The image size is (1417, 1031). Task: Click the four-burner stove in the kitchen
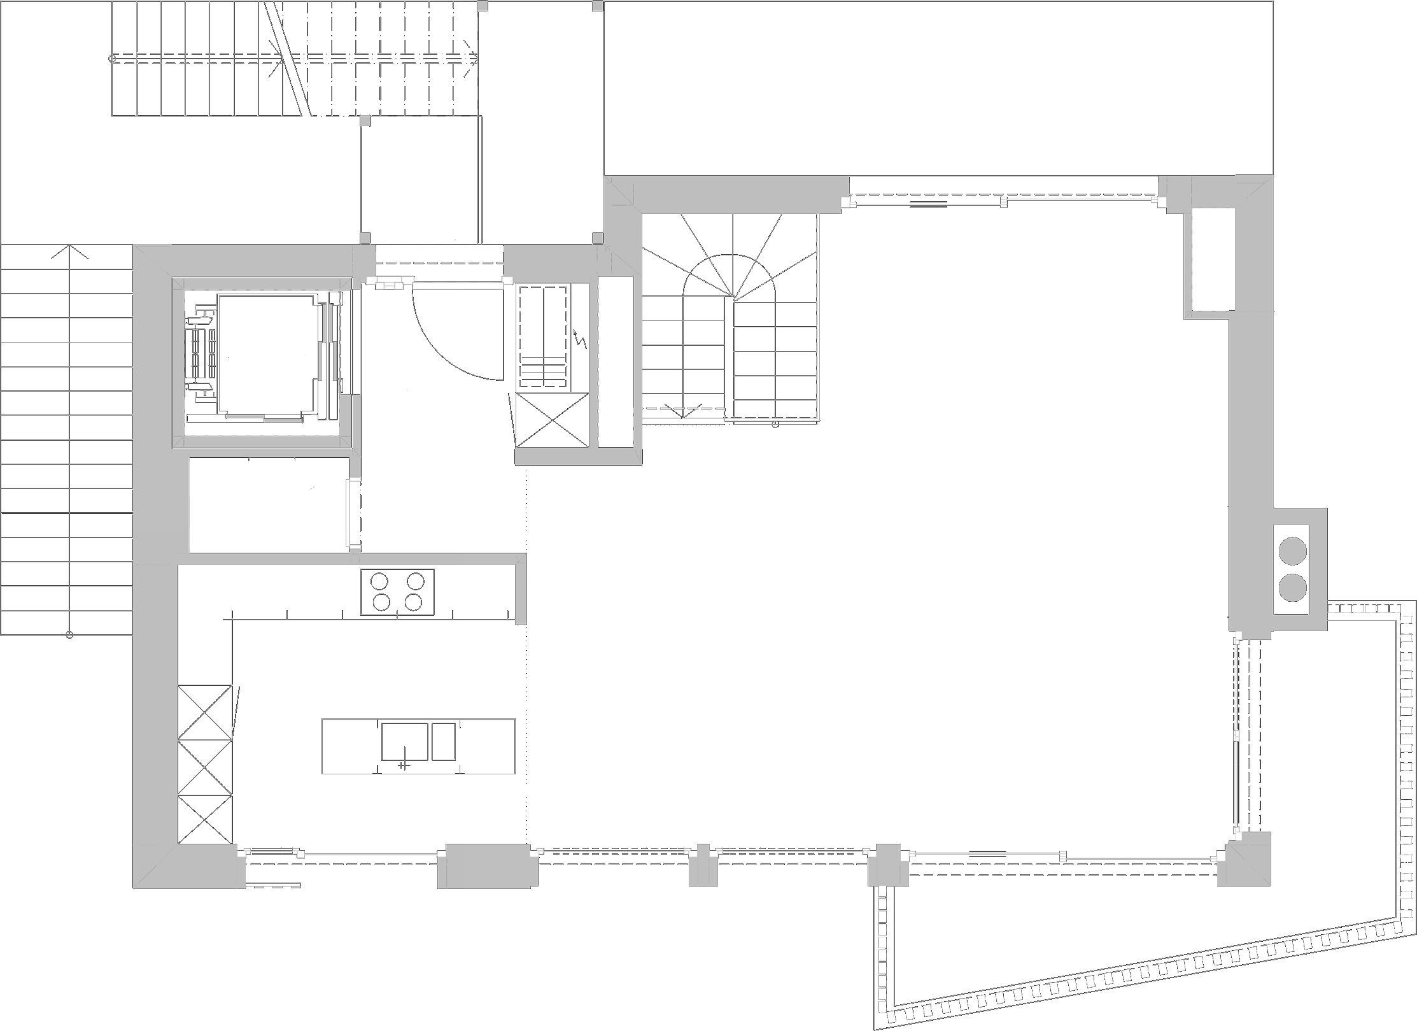coord(398,592)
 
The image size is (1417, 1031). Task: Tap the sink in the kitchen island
coord(404,742)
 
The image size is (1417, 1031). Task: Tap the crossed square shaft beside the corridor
coord(551,421)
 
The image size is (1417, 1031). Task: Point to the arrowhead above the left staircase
coord(69,250)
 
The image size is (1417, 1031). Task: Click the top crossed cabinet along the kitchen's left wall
coord(204,712)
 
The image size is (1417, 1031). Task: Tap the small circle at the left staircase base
coord(69,635)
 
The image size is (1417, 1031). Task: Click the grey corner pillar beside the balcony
coord(1245,859)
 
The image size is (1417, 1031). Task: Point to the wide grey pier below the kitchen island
coord(488,865)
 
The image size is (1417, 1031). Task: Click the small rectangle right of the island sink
coord(444,742)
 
